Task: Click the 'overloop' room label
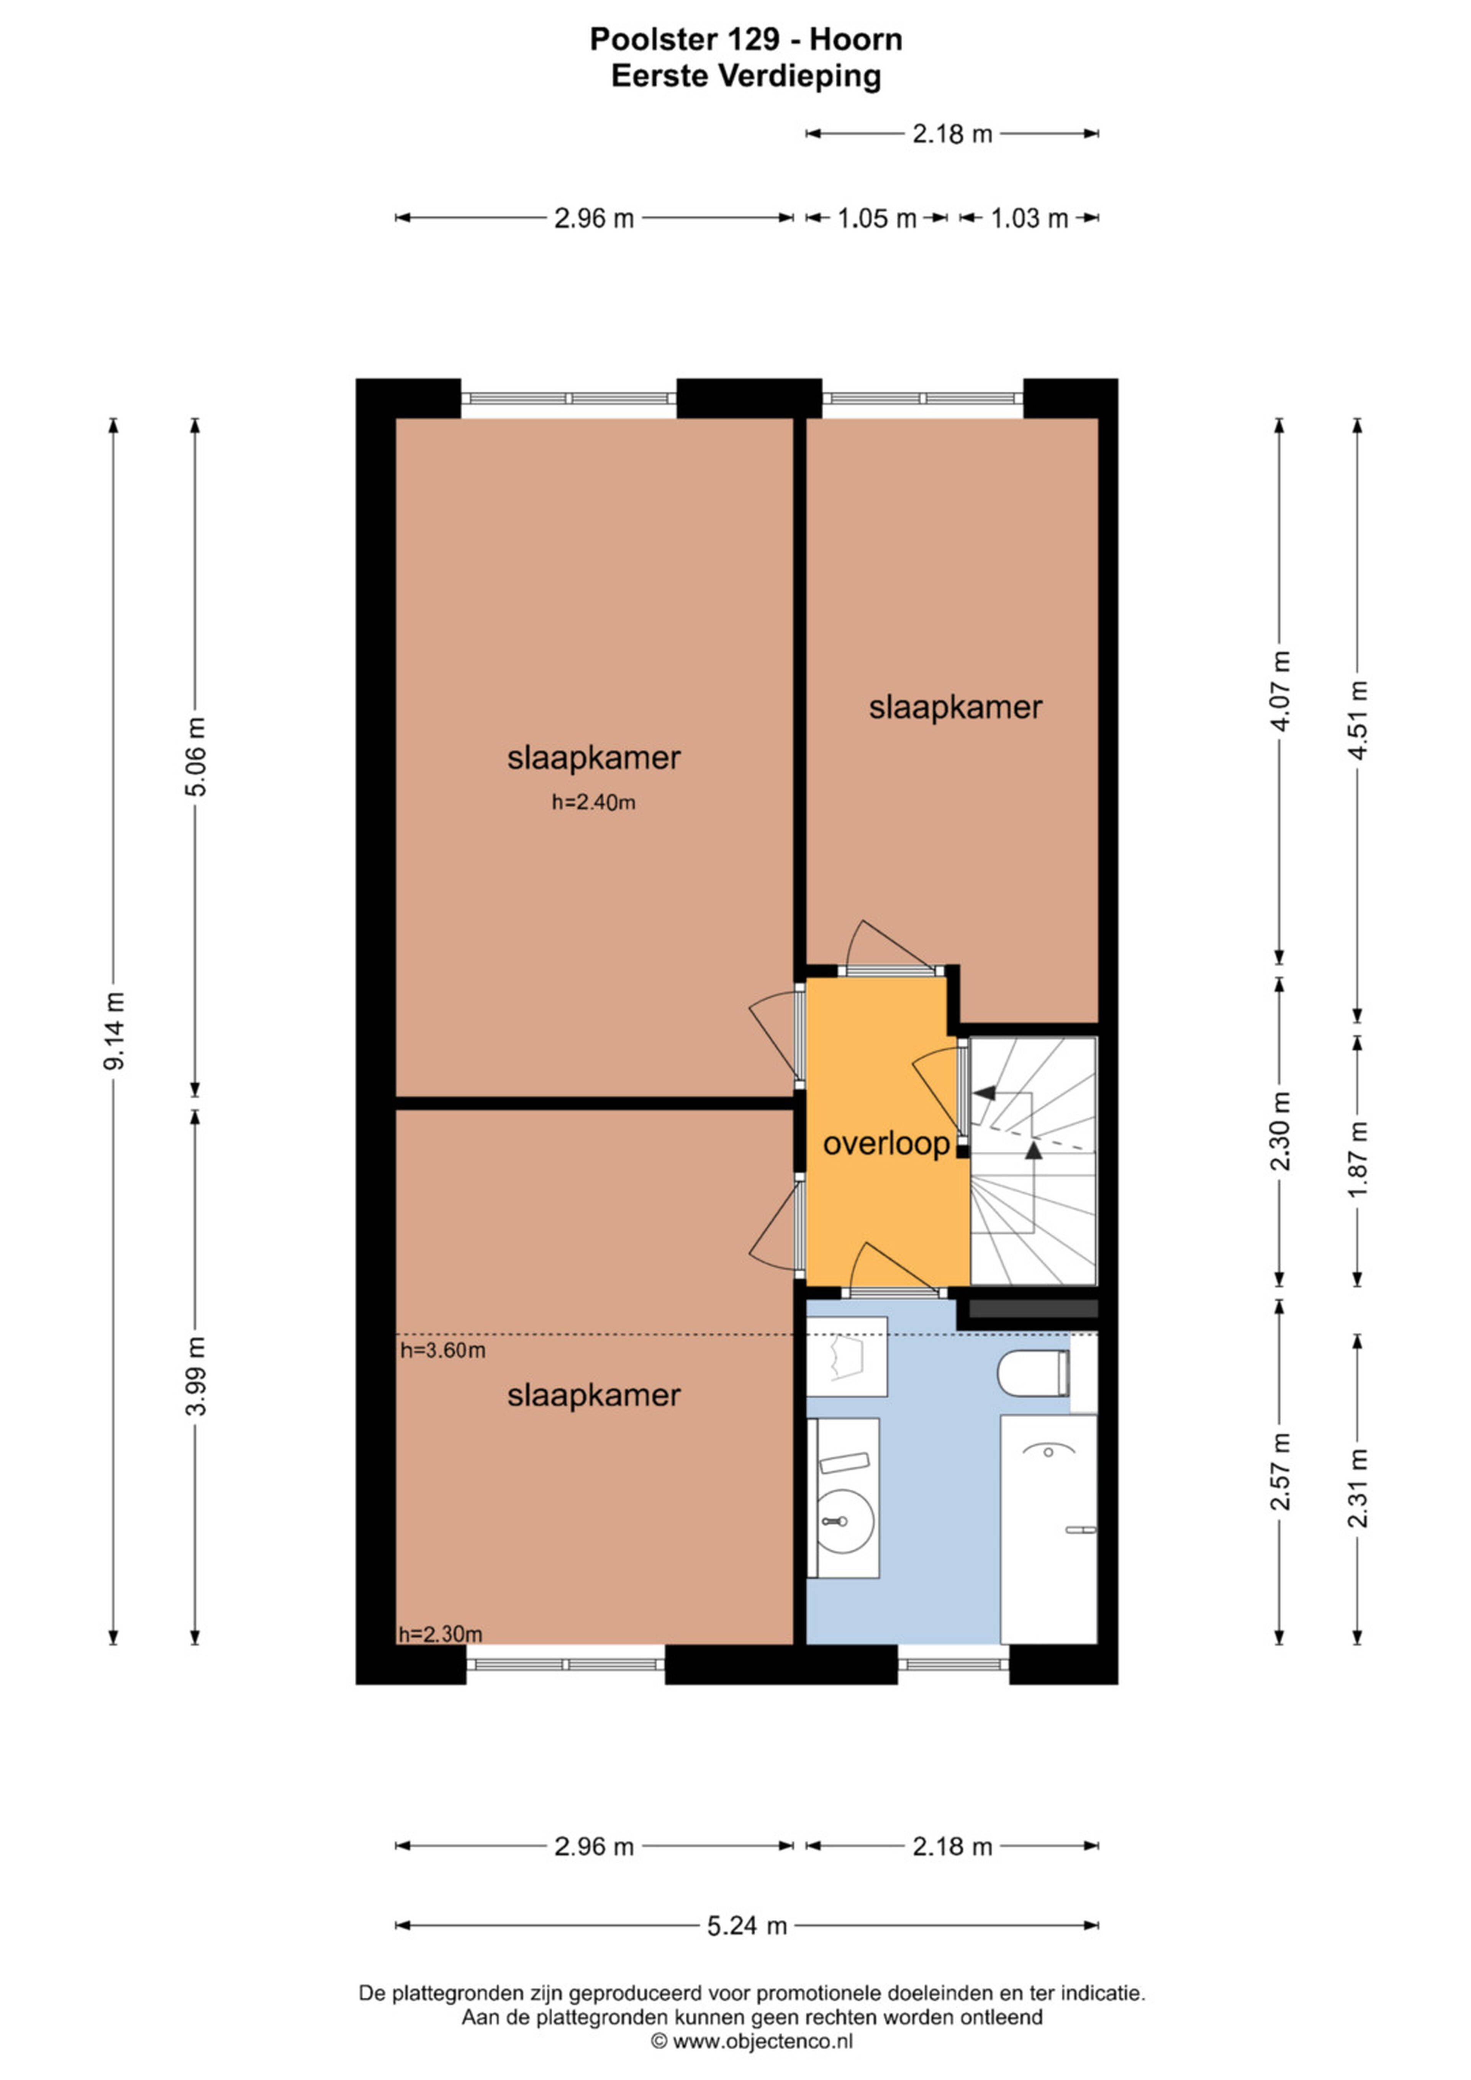[x=886, y=1144]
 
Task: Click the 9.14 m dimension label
[x=114, y=1031]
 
